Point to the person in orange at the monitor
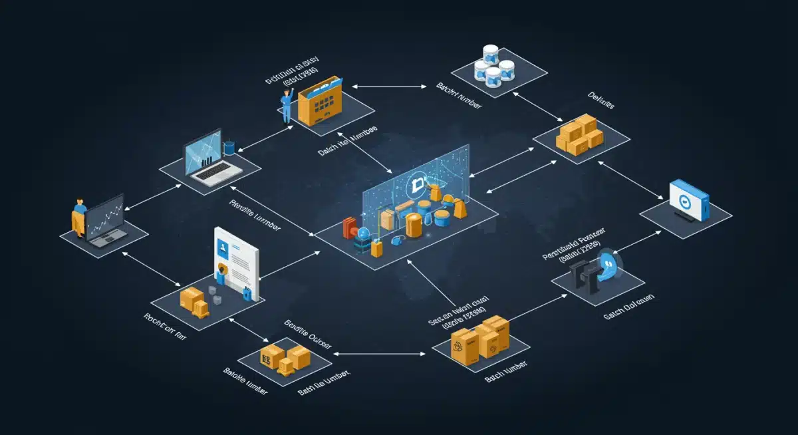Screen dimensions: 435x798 (x=79, y=217)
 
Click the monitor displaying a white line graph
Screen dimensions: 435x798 (x=105, y=220)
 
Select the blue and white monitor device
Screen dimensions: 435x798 (x=688, y=200)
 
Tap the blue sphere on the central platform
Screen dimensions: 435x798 (x=363, y=233)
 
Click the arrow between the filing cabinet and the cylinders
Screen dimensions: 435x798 (x=388, y=86)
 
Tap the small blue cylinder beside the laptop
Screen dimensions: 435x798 (x=230, y=146)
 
